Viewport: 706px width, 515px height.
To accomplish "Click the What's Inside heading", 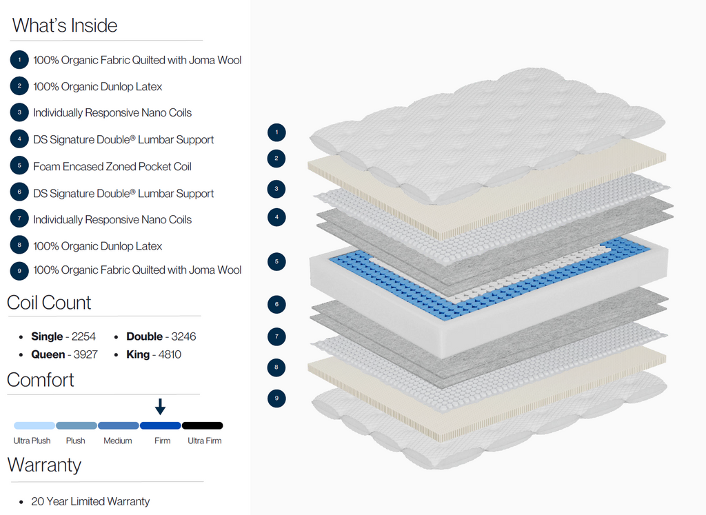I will tap(65, 26).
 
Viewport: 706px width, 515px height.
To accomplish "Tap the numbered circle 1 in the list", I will tap(19, 60).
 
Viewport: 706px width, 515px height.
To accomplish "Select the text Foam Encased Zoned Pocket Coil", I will tap(112, 166).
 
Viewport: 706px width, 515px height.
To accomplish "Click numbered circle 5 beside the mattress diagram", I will tap(276, 262).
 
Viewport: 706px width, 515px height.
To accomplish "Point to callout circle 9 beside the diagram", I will tap(276, 398).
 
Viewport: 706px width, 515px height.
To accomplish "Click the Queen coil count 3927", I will tap(85, 354).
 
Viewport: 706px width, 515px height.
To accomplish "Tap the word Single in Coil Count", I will tap(47, 336).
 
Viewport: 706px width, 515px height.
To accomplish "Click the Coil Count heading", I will tap(49, 303).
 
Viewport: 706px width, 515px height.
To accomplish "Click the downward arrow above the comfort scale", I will tap(160, 406).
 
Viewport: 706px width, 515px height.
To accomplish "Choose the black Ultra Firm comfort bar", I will tap(202, 425).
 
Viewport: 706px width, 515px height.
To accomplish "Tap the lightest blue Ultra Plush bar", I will tap(34, 425).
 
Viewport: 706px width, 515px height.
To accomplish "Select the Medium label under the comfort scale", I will tap(118, 441).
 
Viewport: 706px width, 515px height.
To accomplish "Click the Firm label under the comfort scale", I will tap(162, 441).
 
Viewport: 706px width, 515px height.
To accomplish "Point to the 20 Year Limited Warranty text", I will tap(90, 501).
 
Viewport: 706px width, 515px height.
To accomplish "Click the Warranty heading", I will tap(44, 465).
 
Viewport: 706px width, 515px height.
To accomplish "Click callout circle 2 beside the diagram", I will tap(276, 159).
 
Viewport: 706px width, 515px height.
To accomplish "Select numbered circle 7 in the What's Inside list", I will tap(19, 219).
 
